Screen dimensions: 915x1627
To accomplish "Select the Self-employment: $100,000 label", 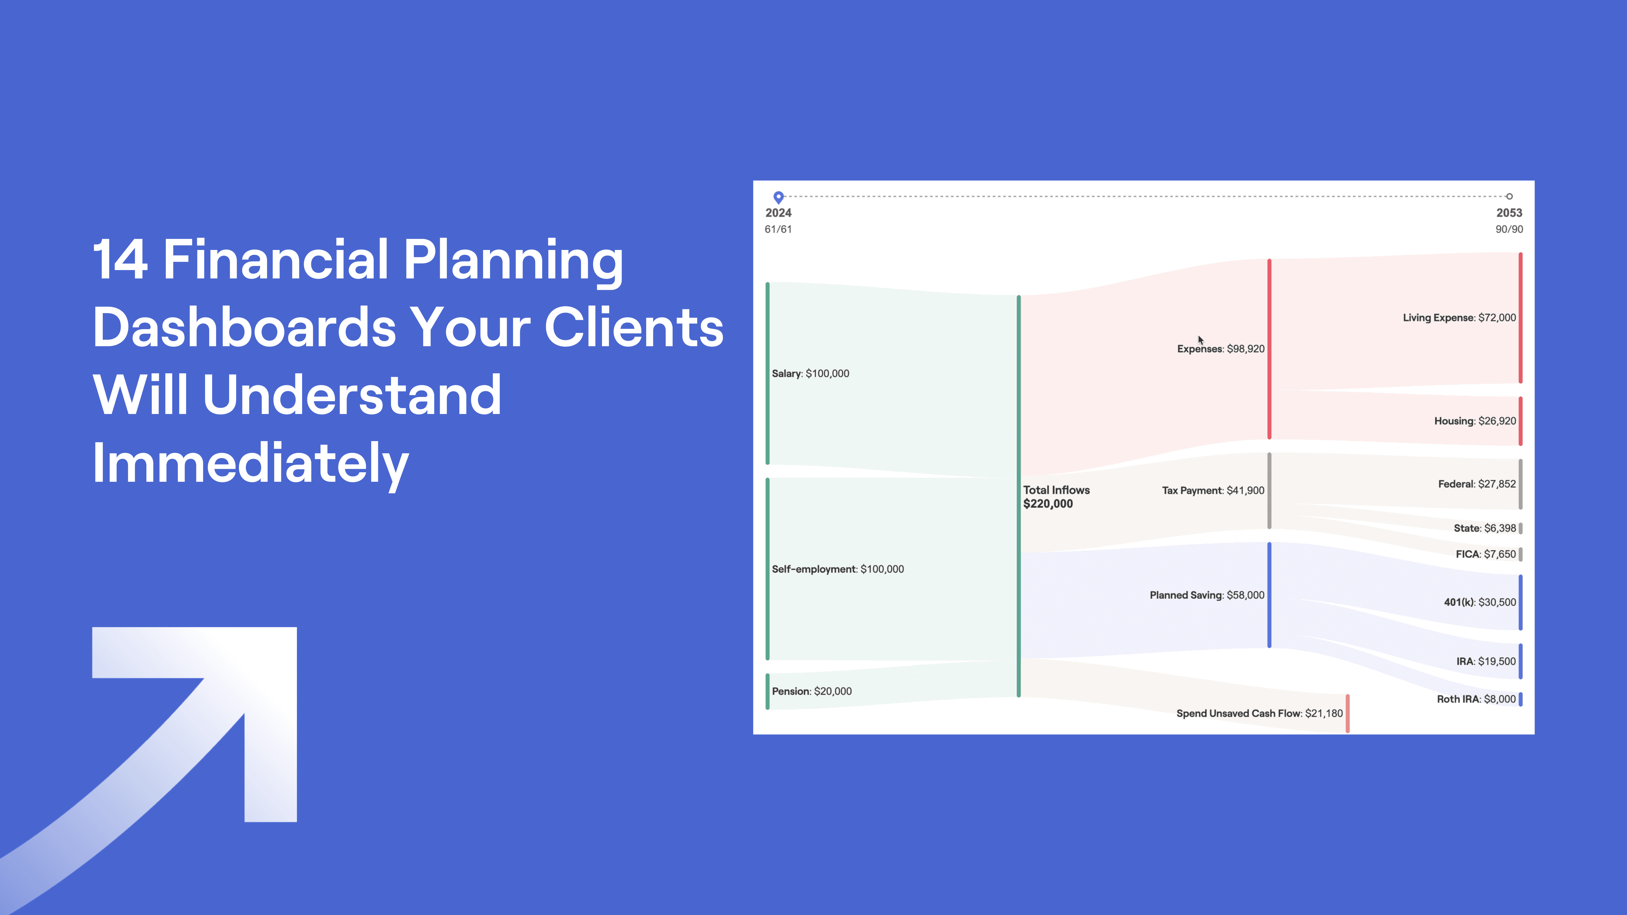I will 838,569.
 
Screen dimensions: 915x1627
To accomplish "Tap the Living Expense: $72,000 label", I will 1459,318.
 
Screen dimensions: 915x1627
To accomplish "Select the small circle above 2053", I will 1509,196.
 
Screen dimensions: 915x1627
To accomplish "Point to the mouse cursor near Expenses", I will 1200,340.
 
